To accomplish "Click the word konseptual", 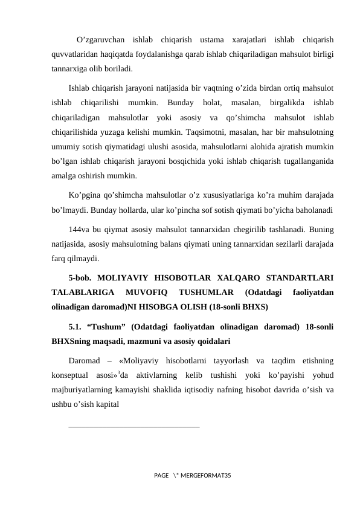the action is (x=74, y=376).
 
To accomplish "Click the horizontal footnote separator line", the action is (x=134, y=427).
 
